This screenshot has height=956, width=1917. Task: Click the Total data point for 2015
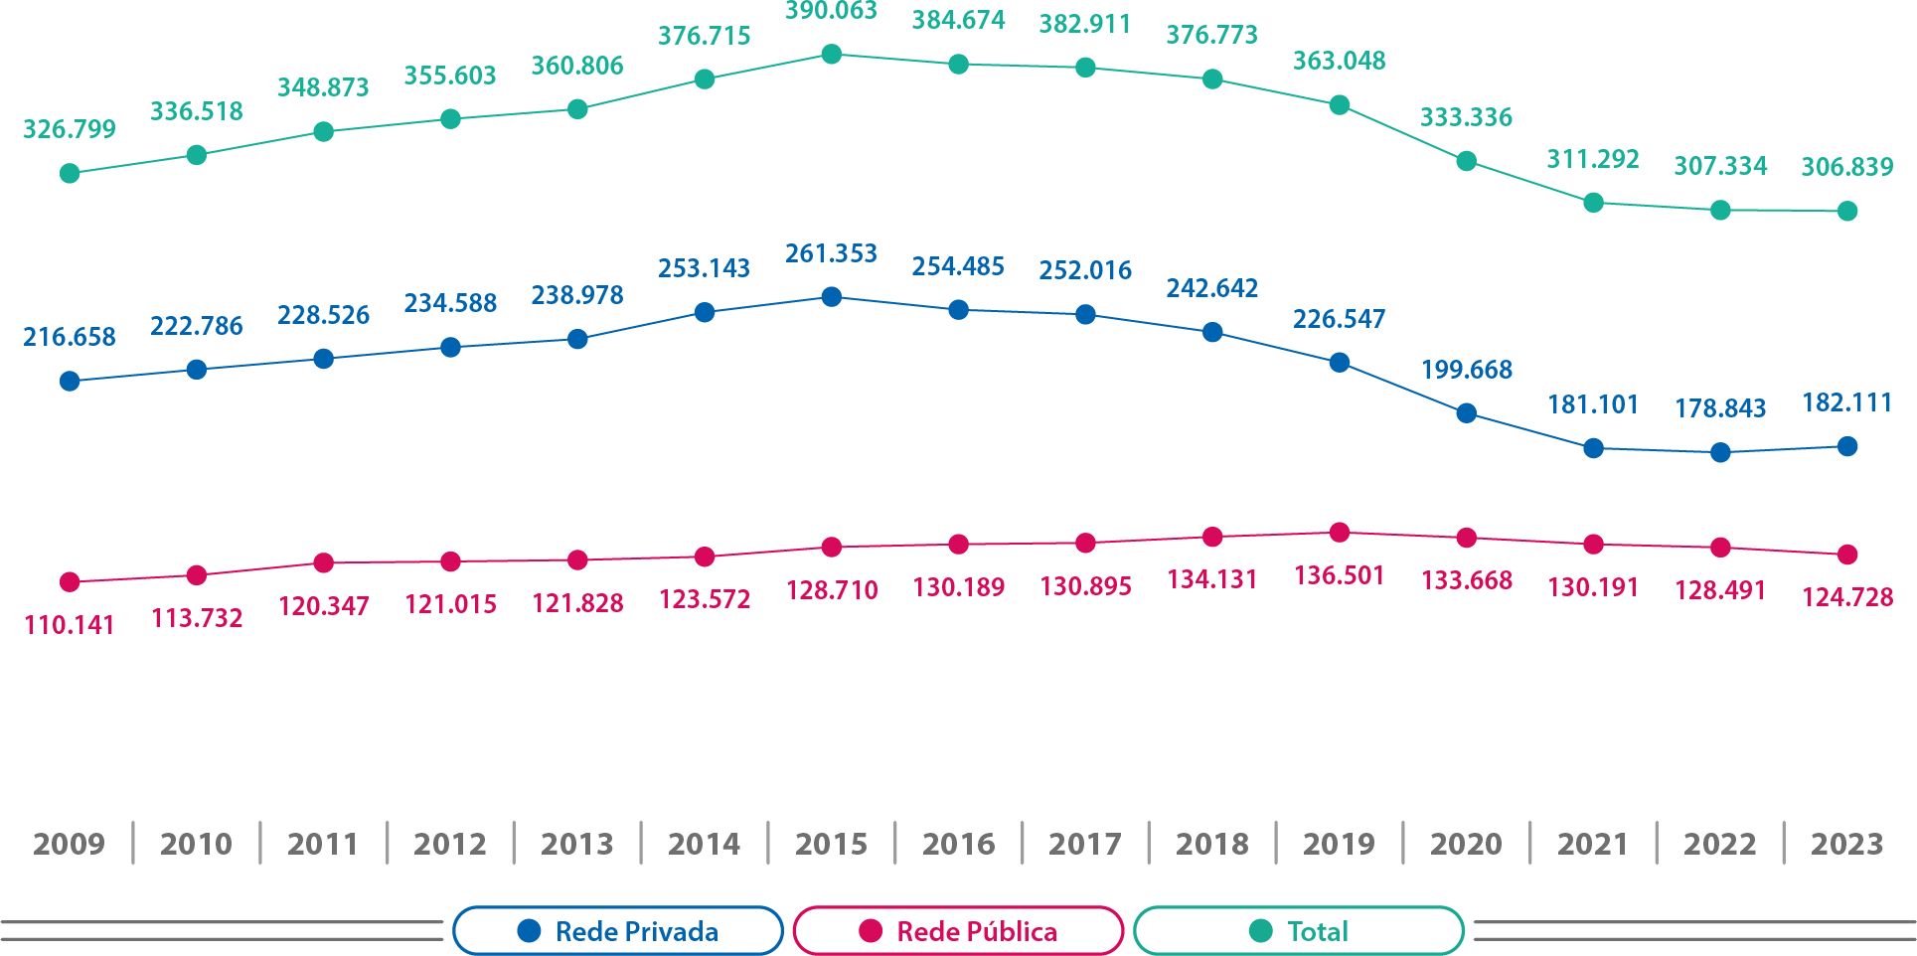point(832,55)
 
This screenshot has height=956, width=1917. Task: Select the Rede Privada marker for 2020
point(1466,413)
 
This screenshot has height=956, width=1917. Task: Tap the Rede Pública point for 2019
point(1340,533)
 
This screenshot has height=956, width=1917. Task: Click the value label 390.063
point(832,12)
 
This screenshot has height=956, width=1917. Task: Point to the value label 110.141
point(70,625)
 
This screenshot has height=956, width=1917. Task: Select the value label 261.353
point(832,254)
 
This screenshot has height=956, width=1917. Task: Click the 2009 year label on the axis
point(69,844)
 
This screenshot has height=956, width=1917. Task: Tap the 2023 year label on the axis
point(1846,844)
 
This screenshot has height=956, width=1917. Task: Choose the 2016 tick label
point(958,844)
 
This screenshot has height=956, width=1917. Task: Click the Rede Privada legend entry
point(618,931)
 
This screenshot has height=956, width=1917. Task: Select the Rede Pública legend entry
point(958,931)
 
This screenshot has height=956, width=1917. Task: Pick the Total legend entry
point(1298,931)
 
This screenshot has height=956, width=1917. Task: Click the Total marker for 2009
point(70,174)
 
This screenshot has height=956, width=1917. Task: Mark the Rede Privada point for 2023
point(1847,447)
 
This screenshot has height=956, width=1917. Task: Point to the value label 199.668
point(1467,370)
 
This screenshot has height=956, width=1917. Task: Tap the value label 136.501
point(1340,575)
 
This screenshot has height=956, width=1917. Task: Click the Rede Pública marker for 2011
point(324,563)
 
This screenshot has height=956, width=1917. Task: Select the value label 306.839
point(1847,167)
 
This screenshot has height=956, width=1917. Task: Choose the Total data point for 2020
point(1466,161)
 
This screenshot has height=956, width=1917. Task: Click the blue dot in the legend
point(529,931)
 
